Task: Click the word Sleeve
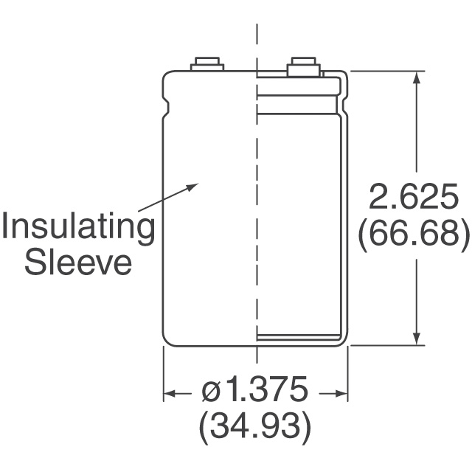click(x=78, y=263)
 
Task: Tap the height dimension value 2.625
click(x=413, y=197)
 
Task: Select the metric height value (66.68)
click(x=414, y=234)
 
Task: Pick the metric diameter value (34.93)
click(x=254, y=427)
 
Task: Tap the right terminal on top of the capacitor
click(x=302, y=66)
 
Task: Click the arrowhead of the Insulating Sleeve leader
click(x=192, y=187)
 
